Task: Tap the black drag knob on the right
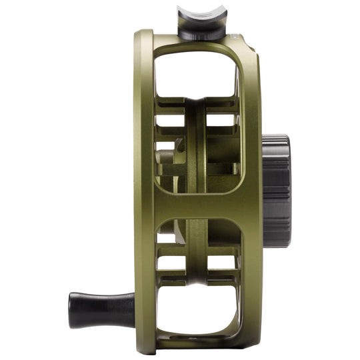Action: (275, 191)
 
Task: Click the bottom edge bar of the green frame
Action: (200, 344)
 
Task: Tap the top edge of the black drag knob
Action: (275, 137)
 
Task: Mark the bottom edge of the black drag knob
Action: (275, 245)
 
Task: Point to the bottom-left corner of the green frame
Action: (144, 340)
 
